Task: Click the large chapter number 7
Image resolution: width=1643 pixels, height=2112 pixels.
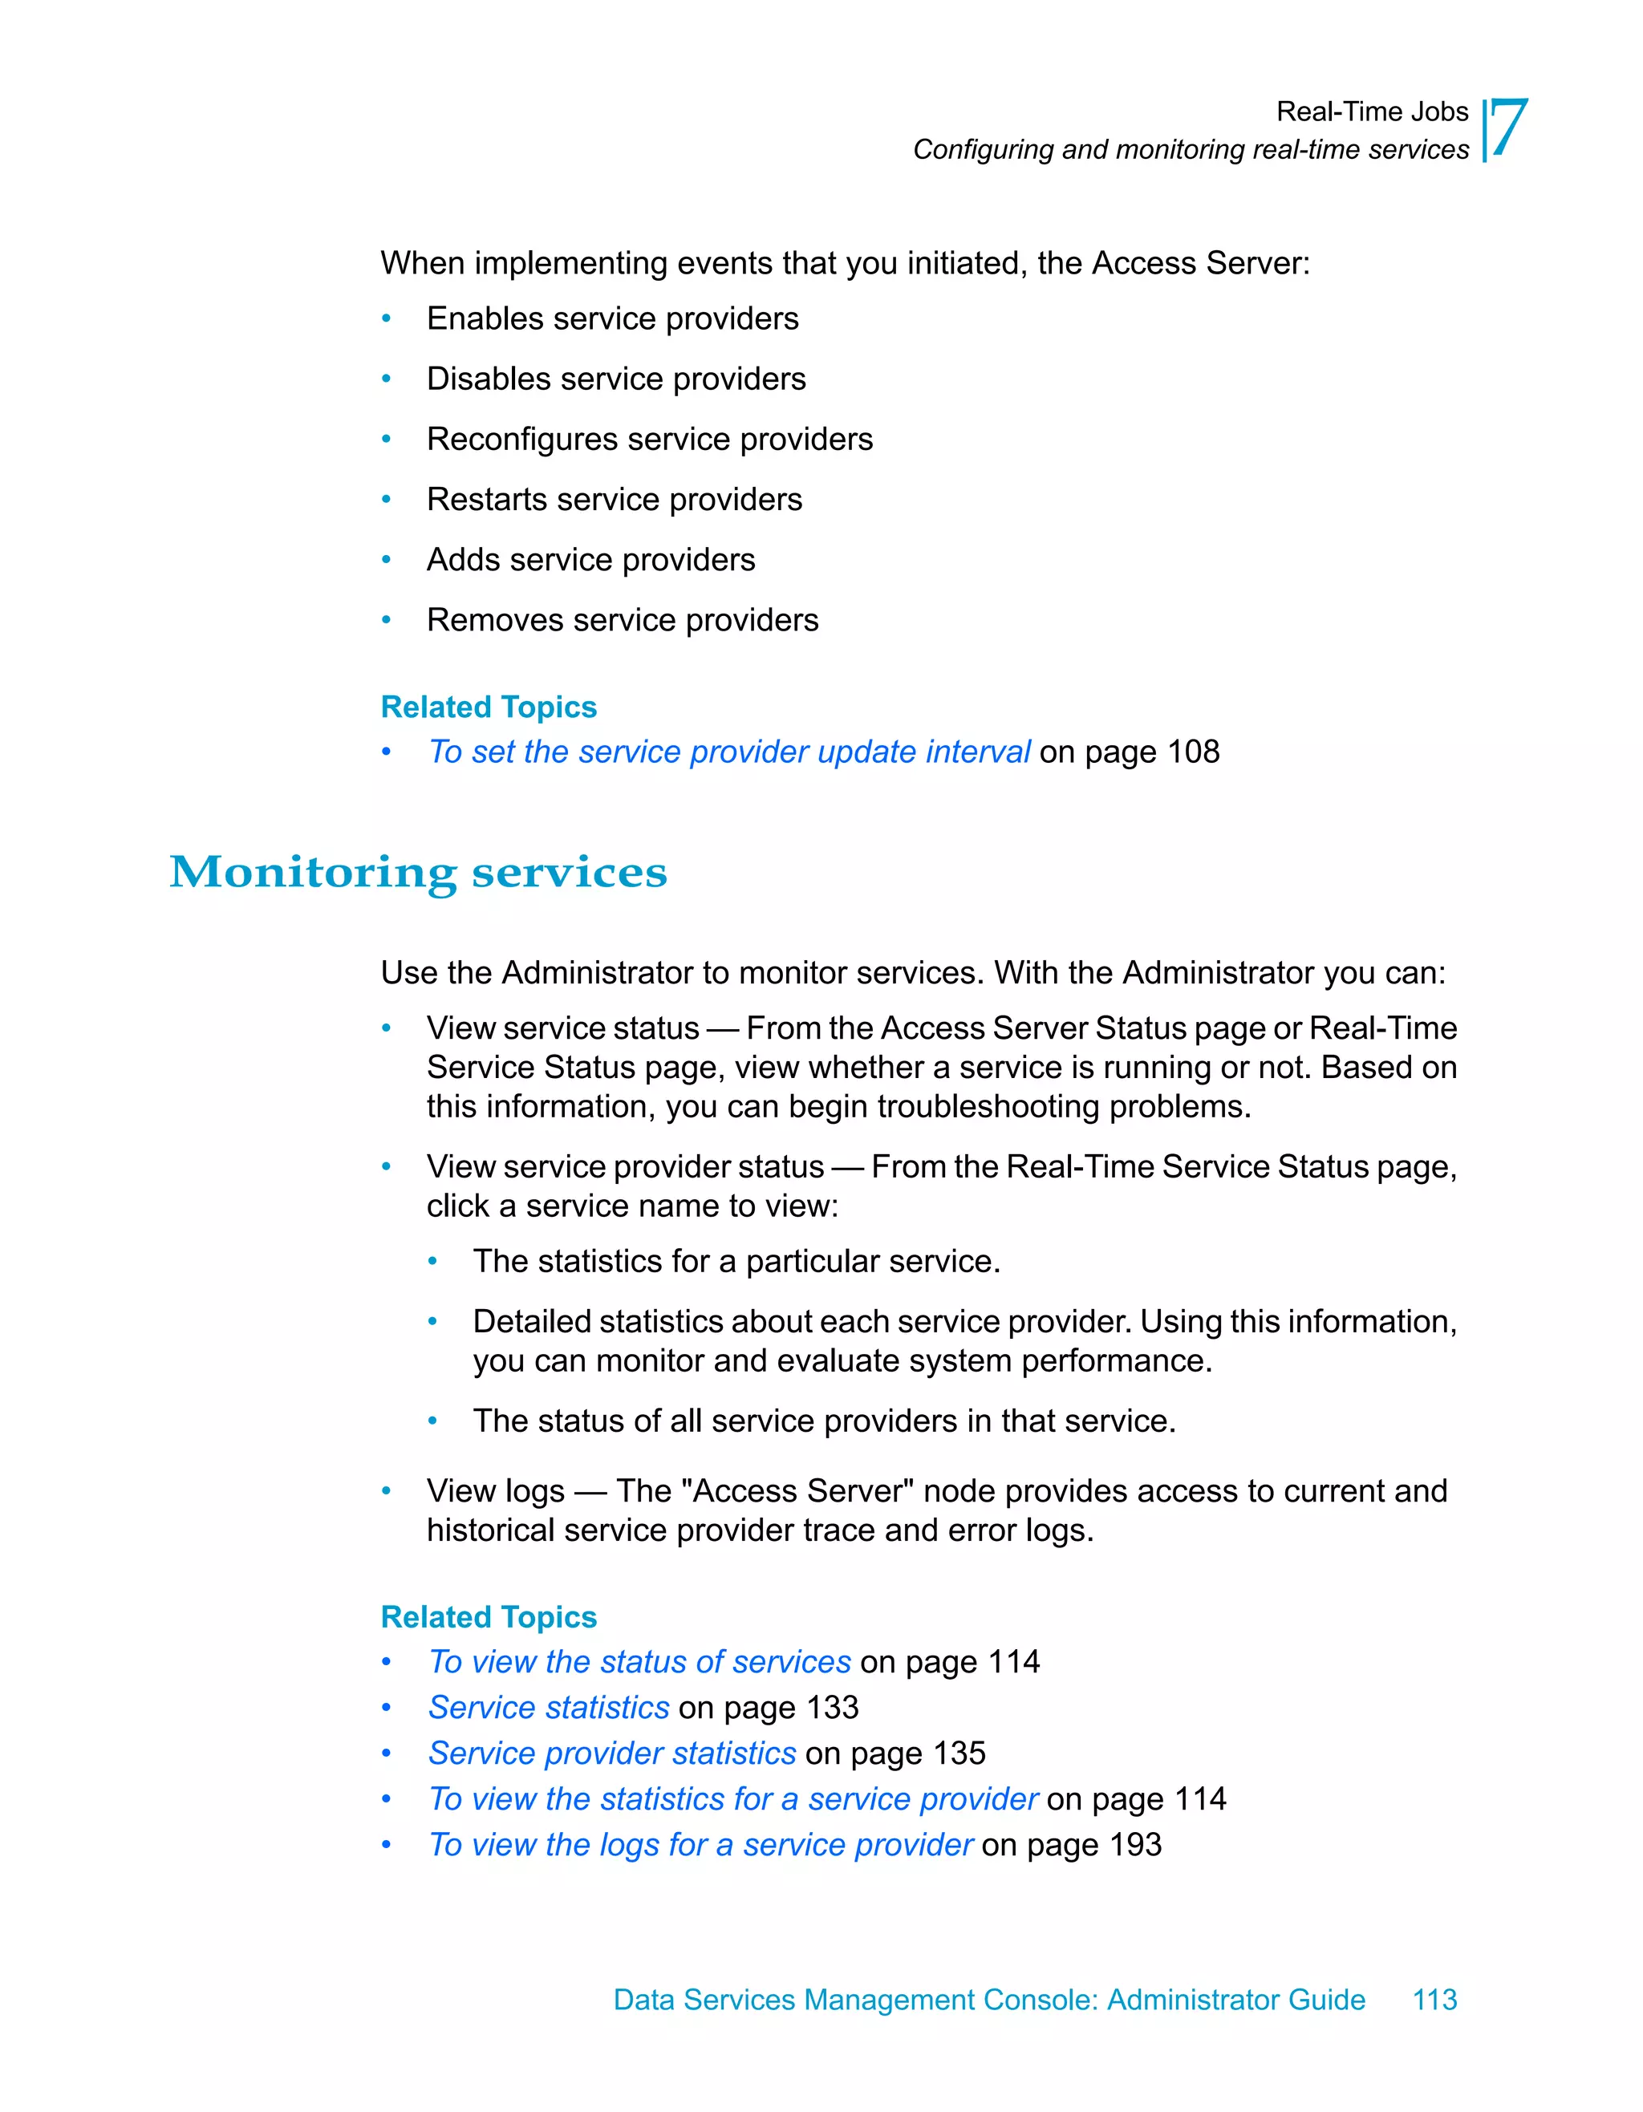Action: click(1508, 128)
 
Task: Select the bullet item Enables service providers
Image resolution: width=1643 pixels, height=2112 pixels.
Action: click(612, 319)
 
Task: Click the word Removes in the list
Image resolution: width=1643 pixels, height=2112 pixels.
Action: click(495, 621)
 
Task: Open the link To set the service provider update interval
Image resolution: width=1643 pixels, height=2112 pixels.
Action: click(729, 752)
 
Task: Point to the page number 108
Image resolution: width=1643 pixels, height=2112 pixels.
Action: click(1192, 752)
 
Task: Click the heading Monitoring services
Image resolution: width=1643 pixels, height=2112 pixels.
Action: click(418, 872)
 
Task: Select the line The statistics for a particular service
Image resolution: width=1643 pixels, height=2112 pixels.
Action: click(736, 1262)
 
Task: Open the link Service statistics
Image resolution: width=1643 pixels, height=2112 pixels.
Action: click(548, 1708)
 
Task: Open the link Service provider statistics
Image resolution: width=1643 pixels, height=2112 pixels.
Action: click(612, 1753)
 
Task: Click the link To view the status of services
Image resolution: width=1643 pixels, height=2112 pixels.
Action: click(639, 1662)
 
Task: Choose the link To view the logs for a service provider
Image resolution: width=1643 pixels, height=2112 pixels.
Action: click(700, 1845)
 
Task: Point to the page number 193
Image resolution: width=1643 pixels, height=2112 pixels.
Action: click(1134, 1845)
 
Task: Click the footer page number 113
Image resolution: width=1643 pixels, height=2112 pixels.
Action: click(1434, 2000)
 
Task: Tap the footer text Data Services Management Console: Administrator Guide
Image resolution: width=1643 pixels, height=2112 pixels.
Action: click(988, 2000)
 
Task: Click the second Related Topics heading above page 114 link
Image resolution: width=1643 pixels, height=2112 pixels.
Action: click(489, 1617)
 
